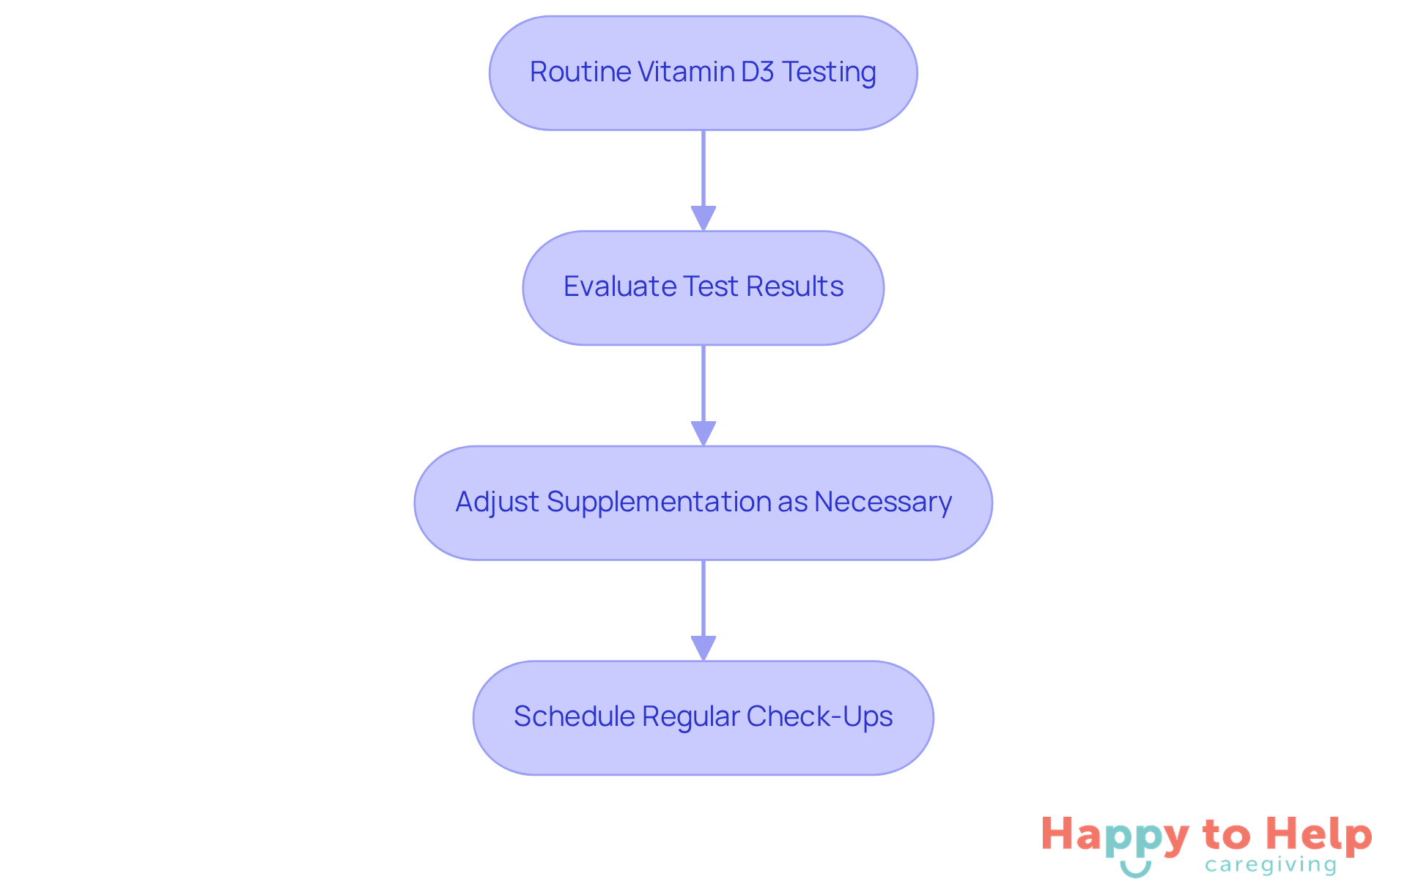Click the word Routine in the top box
[x=580, y=72]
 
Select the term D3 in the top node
[x=758, y=72]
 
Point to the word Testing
[x=829, y=73]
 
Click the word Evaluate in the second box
[x=620, y=286]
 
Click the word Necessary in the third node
[x=883, y=503]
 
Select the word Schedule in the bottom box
[x=575, y=716]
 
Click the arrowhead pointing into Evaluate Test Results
[x=703, y=218]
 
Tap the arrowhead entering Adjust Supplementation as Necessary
[x=703, y=433]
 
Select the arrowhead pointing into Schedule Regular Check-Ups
[x=703, y=648]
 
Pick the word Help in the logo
[x=1319, y=835]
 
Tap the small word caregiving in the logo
[x=1271, y=866]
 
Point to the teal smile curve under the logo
[x=1135, y=869]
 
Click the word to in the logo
[x=1226, y=835]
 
